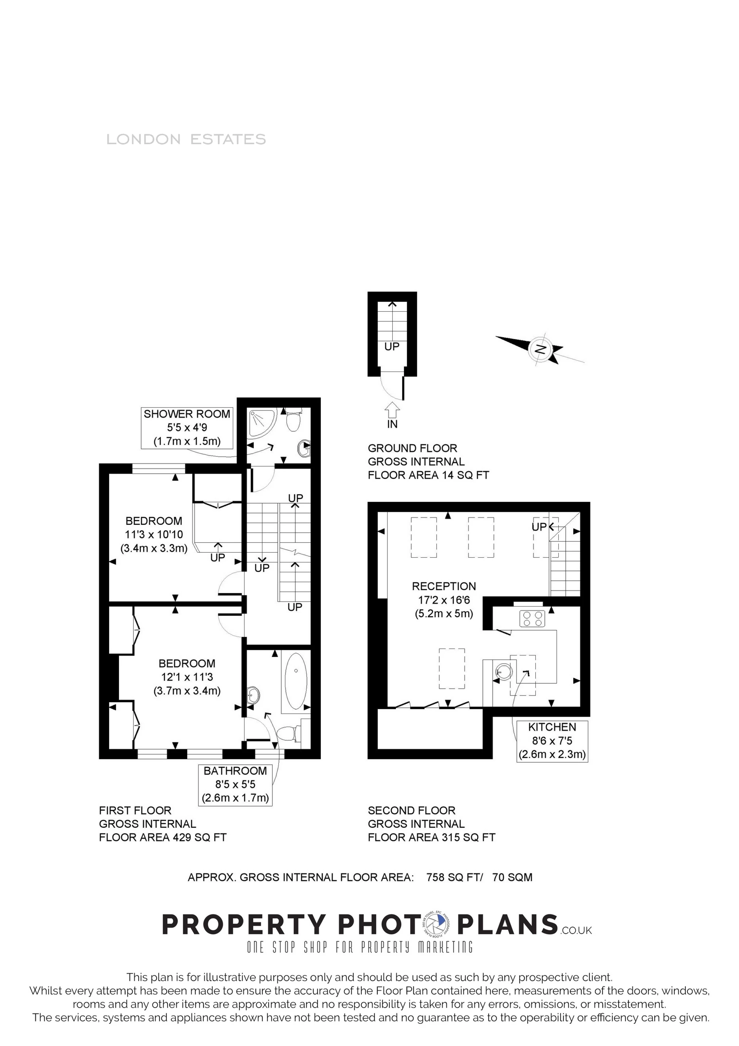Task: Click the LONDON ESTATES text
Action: [x=186, y=139]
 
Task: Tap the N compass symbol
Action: [x=540, y=349]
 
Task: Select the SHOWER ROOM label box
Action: [x=187, y=427]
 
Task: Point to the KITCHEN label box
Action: [x=552, y=741]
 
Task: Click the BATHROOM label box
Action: [x=235, y=785]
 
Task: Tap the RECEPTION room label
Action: [x=444, y=587]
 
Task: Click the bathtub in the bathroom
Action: [x=296, y=681]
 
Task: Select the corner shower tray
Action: [x=262, y=422]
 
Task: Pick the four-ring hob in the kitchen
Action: [x=532, y=618]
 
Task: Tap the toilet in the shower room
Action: [x=293, y=420]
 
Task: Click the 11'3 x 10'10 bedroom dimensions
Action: [x=154, y=534]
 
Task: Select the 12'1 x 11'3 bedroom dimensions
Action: [x=187, y=677]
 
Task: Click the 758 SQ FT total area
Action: [x=454, y=877]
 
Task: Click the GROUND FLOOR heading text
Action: [x=412, y=448]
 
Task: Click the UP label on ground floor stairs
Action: [x=392, y=347]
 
